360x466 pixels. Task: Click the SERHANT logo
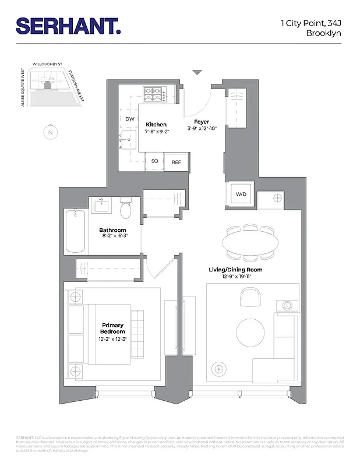(x=68, y=26)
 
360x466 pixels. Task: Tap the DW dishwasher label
(x=130, y=119)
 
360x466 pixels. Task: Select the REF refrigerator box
(x=177, y=162)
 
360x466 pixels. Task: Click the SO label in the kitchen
(x=155, y=161)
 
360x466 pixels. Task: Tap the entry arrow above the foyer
(x=197, y=72)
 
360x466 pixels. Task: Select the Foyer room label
(x=202, y=122)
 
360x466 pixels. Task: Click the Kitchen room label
(x=156, y=125)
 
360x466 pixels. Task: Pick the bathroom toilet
(x=125, y=210)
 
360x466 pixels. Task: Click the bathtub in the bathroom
(x=76, y=231)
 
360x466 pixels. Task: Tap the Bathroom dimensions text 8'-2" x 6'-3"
(x=112, y=236)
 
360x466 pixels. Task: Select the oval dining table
(x=251, y=242)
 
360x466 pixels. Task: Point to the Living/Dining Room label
(x=235, y=270)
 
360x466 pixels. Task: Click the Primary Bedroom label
(x=113, y=328)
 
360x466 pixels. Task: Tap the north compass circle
(x=51, y=133)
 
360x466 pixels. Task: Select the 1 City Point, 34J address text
(x=311, y=23)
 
